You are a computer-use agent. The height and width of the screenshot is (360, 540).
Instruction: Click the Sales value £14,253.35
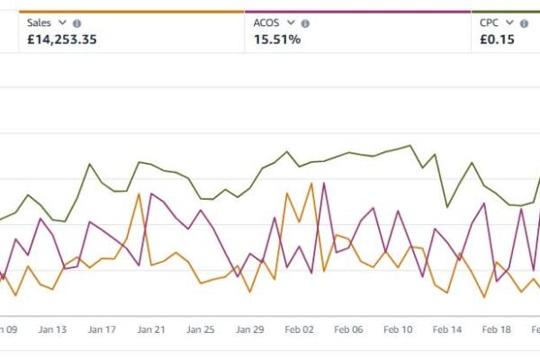point(62,39)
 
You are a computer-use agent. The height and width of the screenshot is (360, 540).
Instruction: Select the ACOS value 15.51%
point(277,39)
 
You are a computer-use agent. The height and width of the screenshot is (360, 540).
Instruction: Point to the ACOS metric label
point(266,23)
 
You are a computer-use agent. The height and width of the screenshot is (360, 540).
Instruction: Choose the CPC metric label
point(489,23)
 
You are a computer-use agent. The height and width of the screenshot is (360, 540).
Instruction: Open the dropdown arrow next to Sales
point(63,23)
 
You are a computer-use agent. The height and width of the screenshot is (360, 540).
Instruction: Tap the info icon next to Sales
point(76,23)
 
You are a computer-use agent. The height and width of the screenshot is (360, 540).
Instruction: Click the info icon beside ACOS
point(305,23)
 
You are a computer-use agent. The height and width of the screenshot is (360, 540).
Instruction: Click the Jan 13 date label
point(53,330)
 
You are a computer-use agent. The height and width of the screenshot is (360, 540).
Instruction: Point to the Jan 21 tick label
point(151,330)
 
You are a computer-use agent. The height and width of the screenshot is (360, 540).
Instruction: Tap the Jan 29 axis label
point(249,330)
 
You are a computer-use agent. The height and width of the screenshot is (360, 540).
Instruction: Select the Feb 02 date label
point(299,330)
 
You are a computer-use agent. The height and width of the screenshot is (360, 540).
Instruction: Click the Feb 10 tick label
point(397,330)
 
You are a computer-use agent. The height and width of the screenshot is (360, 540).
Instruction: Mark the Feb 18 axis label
point(496,330)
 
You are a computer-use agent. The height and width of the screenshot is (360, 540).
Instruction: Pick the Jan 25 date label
point(201,330)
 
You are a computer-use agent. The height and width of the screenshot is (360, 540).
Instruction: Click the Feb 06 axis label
point(348,330)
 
